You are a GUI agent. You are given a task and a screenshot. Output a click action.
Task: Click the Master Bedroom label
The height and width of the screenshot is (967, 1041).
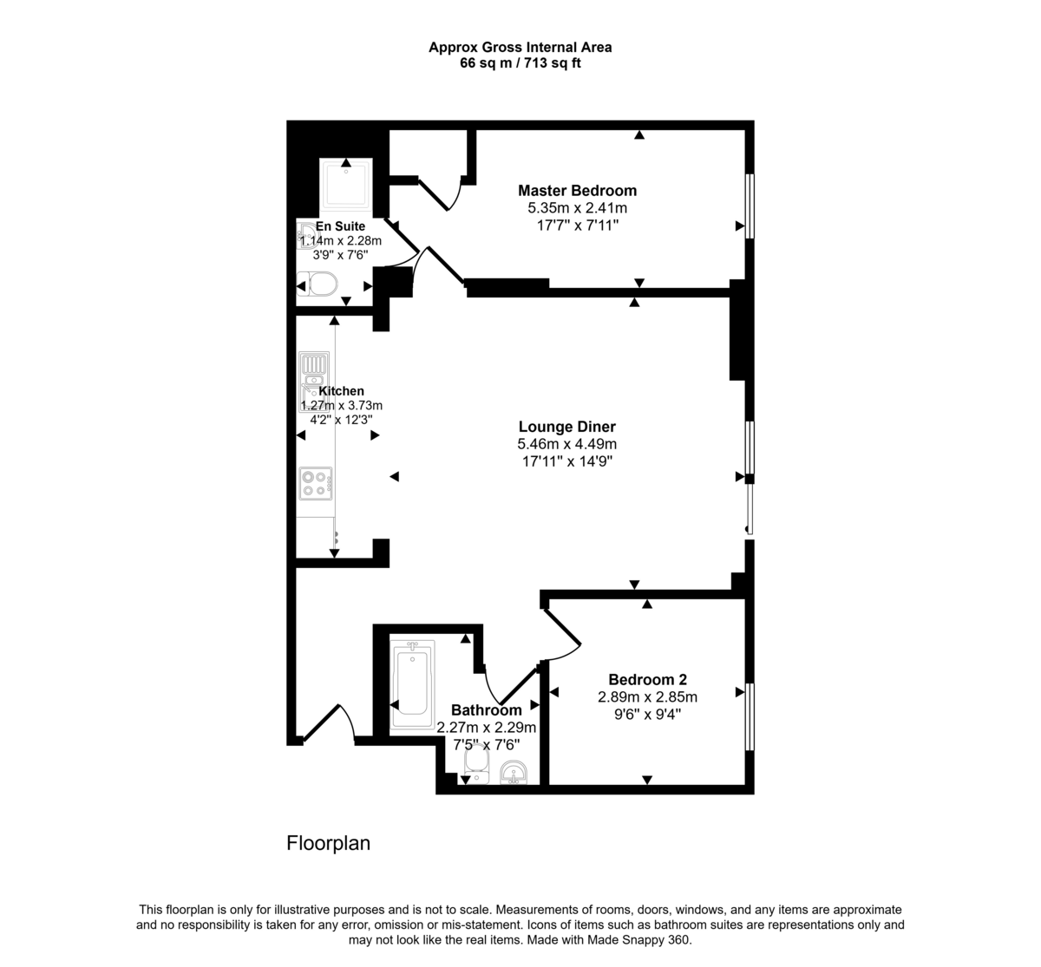(x=577, y=191)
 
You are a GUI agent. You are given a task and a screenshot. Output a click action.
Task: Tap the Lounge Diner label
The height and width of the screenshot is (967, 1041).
(x=567, y=427)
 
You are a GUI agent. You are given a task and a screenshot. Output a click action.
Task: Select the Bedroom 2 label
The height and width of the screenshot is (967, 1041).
(x=647, y=680)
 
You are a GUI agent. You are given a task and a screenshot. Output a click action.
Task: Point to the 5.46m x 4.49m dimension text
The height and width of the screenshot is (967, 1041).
(x=567, y=444)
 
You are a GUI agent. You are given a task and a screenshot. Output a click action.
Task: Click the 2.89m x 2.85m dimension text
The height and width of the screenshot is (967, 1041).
(x=647, y=697)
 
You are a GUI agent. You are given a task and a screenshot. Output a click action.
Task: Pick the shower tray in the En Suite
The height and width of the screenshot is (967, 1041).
(x=346, y=186)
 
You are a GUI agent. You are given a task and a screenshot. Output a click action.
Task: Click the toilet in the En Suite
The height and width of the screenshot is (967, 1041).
(x=318, y=284)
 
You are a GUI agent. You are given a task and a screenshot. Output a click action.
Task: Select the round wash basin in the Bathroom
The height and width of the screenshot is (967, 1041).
(x=514, y=771)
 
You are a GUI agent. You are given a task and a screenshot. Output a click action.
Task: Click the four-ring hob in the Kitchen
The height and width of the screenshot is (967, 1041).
(x=315, y=483)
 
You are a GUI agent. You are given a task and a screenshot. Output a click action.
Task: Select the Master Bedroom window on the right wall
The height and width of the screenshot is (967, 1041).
(x=750, y=205)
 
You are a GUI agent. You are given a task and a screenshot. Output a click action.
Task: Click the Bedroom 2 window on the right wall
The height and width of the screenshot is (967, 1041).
(x=750, y=716)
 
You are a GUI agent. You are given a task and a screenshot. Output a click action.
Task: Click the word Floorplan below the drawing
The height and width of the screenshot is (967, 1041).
(x=329, y=843)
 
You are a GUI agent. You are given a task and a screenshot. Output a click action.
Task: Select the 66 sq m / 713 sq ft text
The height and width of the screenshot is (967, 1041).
(x=520, y=63)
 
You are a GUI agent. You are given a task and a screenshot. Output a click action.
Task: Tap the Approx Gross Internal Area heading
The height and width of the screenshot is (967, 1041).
(x=520, y=48)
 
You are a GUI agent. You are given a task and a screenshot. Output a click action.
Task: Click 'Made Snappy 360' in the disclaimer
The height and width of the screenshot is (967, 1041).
(x=638, y=940)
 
